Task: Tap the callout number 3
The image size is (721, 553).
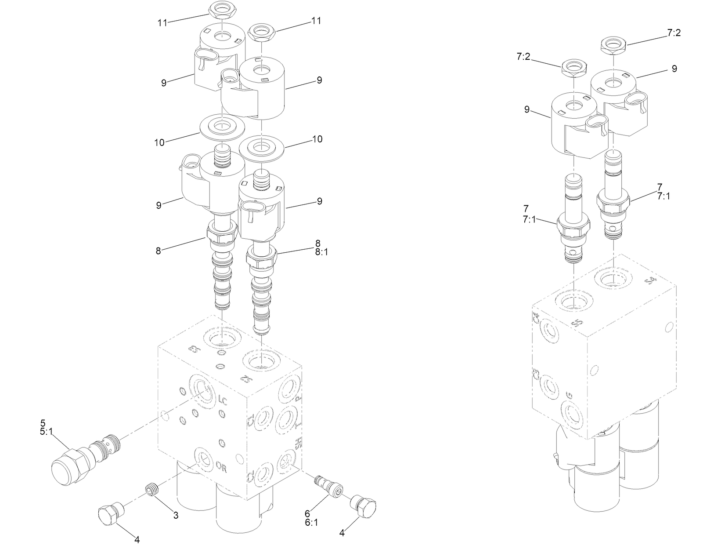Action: [176, 516]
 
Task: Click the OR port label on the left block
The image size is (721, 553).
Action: [222, 468]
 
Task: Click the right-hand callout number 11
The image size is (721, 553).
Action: [316, 21]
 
